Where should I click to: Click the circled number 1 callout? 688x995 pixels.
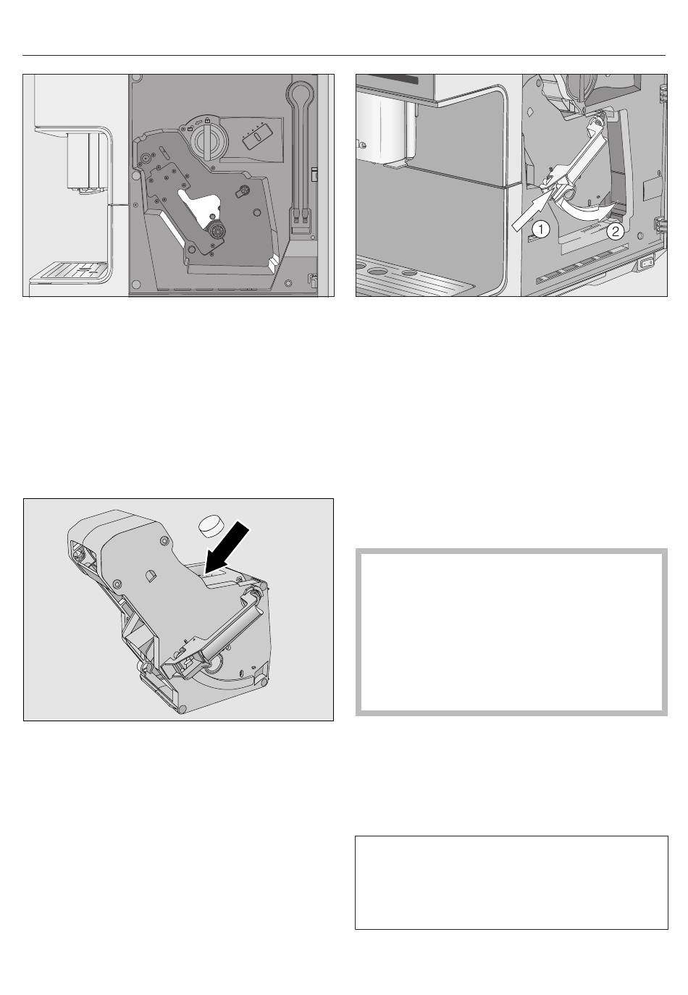tap(540, 230)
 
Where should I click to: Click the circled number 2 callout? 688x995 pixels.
tap(615, 231)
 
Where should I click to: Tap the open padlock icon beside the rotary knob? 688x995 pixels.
tap(190, 129)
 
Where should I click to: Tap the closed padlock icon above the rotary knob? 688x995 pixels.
tap(207, 120)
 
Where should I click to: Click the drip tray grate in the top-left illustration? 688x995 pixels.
tap(70, 271)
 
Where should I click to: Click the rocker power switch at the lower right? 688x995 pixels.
tap(646, 264)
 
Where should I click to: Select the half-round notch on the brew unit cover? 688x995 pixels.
tap(150, 574)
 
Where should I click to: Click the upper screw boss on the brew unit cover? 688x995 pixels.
tap(164, 540)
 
